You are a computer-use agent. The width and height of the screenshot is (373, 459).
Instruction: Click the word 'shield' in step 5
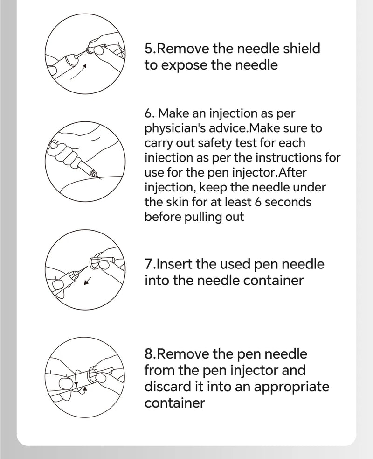click(298, 49)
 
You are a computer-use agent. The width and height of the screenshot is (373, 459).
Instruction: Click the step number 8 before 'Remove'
click(149, 353)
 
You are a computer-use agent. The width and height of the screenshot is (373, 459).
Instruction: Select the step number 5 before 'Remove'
click(149, 49)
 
